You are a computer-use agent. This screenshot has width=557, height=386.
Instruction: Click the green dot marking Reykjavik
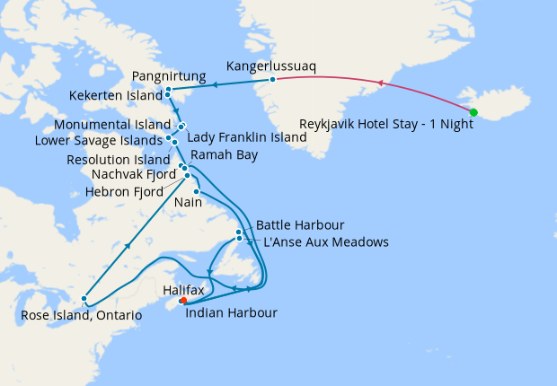click(473, 112)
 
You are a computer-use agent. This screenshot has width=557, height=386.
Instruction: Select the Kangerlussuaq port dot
click(272, 81)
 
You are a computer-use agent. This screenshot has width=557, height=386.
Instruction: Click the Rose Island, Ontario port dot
click(84, 299)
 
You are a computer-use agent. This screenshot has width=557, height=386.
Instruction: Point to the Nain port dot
click(196, 192)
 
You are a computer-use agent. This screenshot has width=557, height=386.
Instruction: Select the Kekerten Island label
click(116, 94)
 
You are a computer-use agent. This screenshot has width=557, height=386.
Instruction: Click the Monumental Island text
click(112, 124)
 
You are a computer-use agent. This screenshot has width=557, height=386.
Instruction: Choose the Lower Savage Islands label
click(99, 140)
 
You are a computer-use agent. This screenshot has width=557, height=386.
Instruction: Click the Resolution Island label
click(118, 159)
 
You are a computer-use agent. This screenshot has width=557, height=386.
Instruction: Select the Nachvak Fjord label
click(132, 174)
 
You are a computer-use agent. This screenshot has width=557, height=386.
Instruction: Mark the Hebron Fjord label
click(124, 191)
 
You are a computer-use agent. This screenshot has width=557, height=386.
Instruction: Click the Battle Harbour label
click(300, 224)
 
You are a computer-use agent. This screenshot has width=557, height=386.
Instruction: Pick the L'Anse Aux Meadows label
click(325, 241)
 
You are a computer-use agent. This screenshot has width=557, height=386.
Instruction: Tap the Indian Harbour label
click(231, 312)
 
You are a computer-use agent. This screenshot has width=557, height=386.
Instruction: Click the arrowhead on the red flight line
click(380, 83)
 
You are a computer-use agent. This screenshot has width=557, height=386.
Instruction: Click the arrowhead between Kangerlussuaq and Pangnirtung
click(216, 86)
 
